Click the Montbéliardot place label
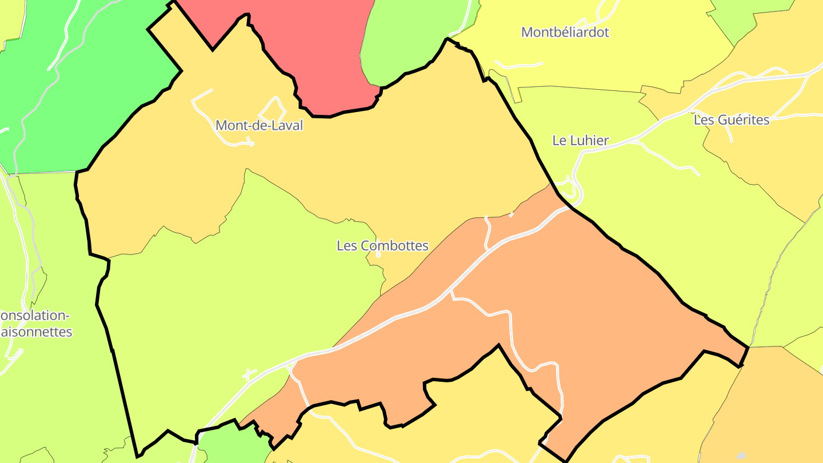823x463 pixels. tap(565, 32)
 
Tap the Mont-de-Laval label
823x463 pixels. tap(259, 125)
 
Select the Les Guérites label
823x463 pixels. tap(731, 120)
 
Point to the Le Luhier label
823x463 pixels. tap(580, 141)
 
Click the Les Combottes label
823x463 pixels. tap(382, 246)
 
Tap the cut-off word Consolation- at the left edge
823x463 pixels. tap(34, 316)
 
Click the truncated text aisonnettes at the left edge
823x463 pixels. tap(37, 332)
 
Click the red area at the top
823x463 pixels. tap(309, 46)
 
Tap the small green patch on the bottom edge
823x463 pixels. tap(229, 446)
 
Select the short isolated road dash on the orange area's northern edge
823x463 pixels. tap(512, 215)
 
